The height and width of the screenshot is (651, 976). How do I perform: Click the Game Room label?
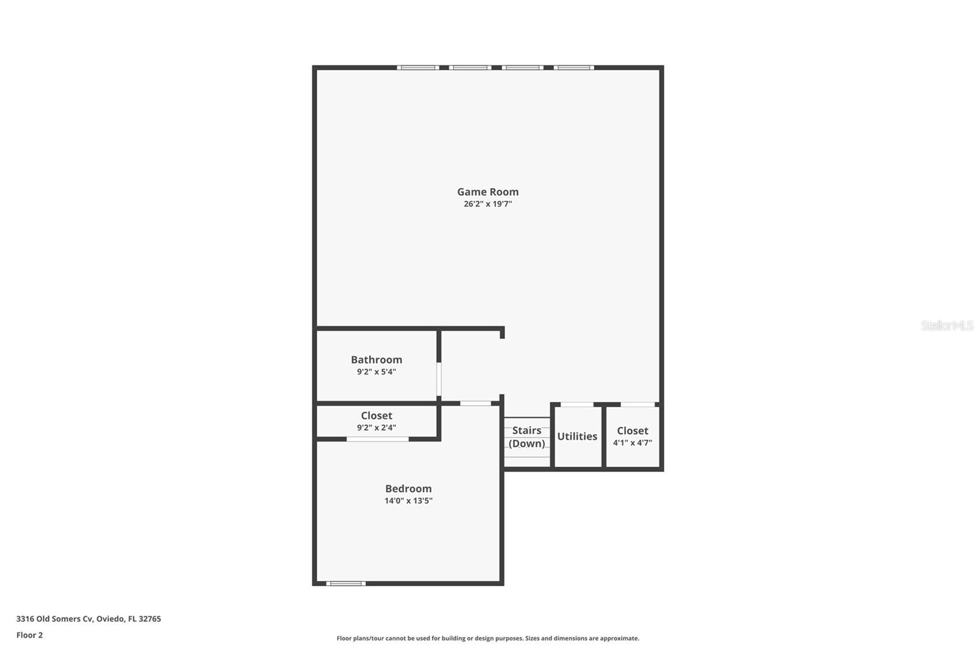[487, 192]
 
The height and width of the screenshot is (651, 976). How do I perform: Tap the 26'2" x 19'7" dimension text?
[487, 204]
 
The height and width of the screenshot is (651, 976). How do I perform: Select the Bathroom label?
[376, 360]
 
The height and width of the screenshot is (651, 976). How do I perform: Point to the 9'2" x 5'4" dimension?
[376, 371]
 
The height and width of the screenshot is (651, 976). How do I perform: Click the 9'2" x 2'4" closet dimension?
[376, 427]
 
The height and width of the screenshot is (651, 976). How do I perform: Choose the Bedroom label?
[408, 489]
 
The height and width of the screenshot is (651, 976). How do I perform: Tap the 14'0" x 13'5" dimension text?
[408, 501]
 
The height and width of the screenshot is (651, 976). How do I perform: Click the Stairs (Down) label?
[526, 437]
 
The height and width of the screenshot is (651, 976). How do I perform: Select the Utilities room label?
[577, 436]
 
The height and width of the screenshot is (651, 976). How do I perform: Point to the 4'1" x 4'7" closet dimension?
[632, 443]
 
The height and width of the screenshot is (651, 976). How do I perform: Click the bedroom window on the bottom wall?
[346, 583]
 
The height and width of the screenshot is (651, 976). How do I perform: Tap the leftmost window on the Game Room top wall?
[418, 67]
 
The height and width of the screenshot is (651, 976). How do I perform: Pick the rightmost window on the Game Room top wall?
[574, 67]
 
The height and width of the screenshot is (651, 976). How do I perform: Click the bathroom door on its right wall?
[439, 379]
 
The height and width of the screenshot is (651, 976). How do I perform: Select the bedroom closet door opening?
[378, 438]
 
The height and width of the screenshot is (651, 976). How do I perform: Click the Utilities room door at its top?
[577, 404]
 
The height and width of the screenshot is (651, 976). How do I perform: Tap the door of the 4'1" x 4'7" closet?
[637, 404]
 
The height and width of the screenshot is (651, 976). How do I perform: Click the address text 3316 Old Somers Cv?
[55, 619]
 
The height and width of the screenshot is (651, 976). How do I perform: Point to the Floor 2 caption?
[29, 635]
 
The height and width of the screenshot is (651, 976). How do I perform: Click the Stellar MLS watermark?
[947, 325]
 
